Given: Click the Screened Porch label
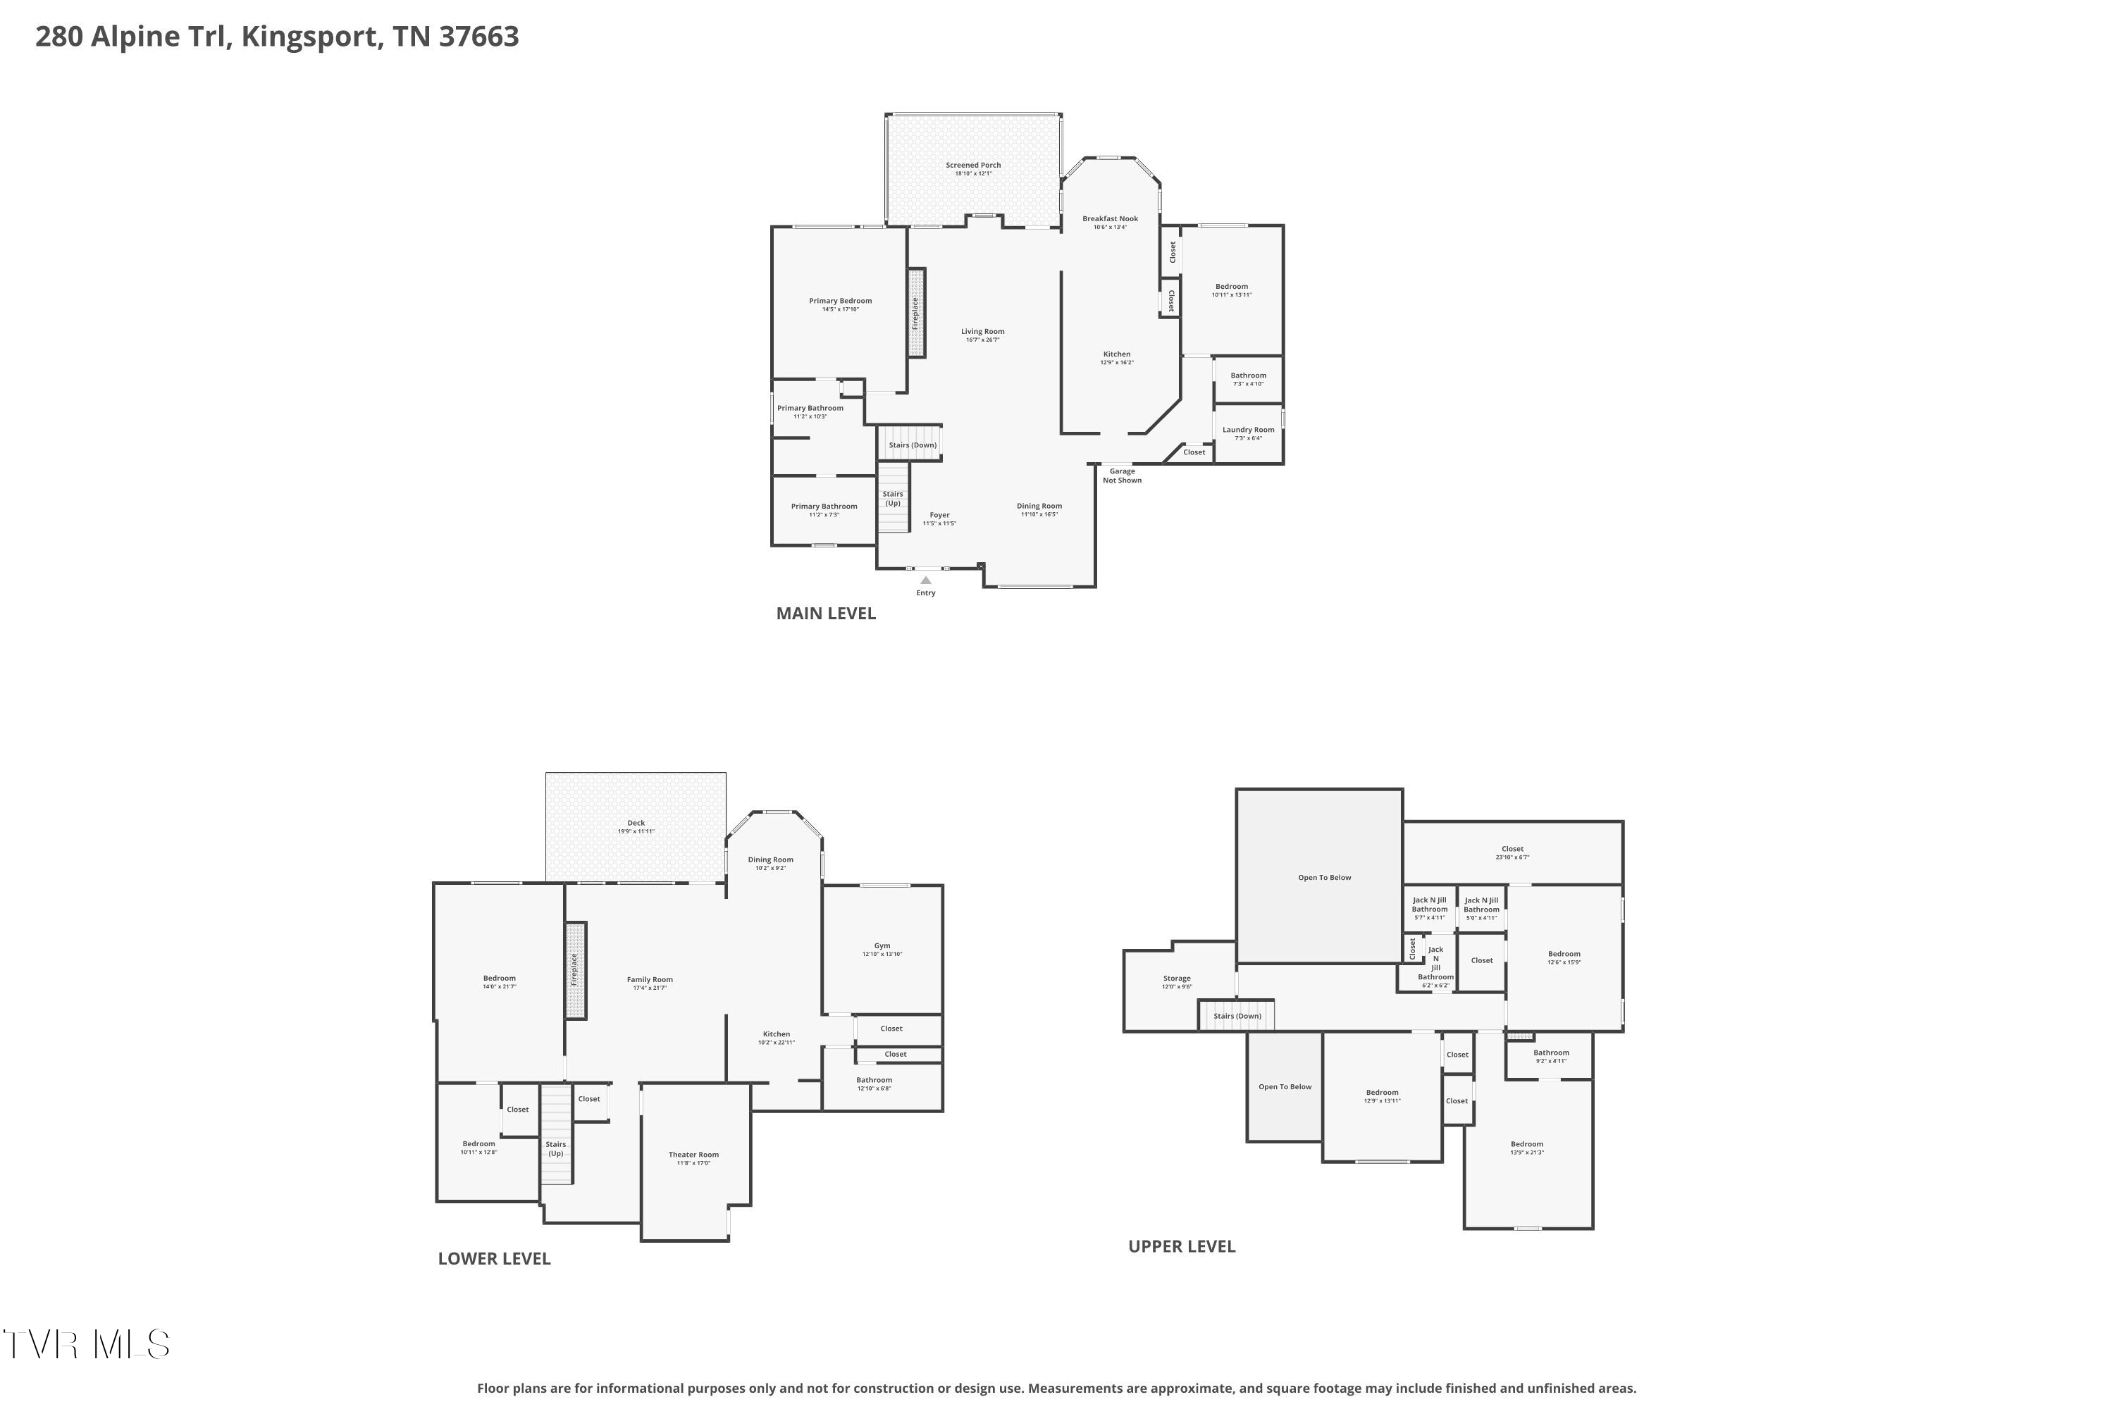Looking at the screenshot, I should click(972, 166).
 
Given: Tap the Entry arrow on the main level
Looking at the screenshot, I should click(926, 581).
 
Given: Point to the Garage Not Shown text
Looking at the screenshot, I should click(1122, 476).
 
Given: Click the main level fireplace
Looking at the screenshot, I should click(916, 313).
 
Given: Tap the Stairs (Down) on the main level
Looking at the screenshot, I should click(913, 445).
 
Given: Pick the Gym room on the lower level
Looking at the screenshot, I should click(882, 949).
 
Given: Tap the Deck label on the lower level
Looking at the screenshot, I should click(636, 824).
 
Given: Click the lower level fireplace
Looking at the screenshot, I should click(575, 971).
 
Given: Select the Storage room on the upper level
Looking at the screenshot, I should click(1177, 981).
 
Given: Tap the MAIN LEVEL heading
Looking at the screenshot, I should click(825, 614).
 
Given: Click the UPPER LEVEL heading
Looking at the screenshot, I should click(1181, 1246).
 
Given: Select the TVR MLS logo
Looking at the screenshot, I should click(86, 1344).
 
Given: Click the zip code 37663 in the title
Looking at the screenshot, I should click(478, 37).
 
